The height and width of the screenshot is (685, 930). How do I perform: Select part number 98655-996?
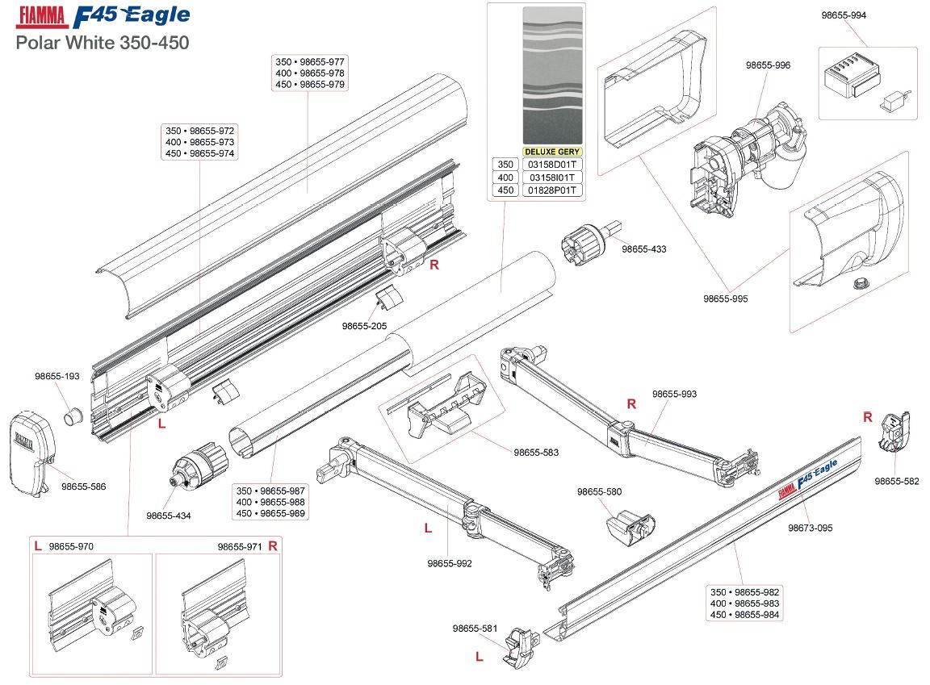[x=771, y=66]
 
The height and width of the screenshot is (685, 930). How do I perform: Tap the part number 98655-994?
[x=844, y=15]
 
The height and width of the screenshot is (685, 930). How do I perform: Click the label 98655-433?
[x=643, y=249]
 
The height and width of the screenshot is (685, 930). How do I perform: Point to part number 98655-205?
[x=364, y=326]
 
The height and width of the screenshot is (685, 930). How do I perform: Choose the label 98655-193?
[x=57, y=376]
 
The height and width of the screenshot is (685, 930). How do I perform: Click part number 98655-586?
[x=84, y=487]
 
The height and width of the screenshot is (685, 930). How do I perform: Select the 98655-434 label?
[x=169, y=516]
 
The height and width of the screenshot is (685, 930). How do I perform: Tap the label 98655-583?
[x=536, y=453]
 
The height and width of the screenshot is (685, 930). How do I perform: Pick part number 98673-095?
[x=810, y=528]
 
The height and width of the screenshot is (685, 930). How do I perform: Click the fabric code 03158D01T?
[x=551, y=165]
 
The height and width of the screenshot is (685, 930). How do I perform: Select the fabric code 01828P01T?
[x=551, y=190]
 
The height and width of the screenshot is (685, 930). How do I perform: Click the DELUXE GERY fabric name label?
[x=552, y=151]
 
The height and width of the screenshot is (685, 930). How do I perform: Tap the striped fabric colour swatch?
[x=552, y=77]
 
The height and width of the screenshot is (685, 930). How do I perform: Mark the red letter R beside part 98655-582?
[x=868, y=417]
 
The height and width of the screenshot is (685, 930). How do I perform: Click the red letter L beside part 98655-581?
[x=479, y=657]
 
